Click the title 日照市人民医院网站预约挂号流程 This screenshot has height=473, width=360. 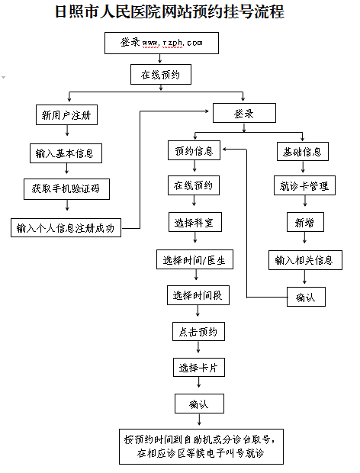click(x=169, y=12)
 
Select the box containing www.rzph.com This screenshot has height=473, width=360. click(x=162, y=43)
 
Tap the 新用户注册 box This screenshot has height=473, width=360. click(x=66, y=115)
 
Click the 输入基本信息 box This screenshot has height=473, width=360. click(x=66, y=153)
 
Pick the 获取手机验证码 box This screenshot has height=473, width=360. click(x=66, y=189)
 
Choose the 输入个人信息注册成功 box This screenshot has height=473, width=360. click(x=66, y=228)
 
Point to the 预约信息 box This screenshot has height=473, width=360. click(x=194, y=150)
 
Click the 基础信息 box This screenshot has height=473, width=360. click(x=303, y=151)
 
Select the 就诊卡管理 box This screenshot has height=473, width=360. click(x=304, y=185)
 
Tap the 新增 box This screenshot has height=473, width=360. click(x=305, y=222)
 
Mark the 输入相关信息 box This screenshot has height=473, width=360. click(x=305, y=260)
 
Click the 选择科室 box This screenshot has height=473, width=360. click(x=195, y=222)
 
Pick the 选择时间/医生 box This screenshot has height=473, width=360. click(x=194, y=259)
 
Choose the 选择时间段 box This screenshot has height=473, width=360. click(x=198, y=295)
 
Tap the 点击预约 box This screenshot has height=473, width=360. click(x=199, y=332)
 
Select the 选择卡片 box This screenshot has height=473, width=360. click(x=199, y=368)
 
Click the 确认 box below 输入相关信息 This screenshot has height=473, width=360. click(x=307, y=297)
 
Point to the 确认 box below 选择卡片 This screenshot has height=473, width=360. click(x=200, y=404)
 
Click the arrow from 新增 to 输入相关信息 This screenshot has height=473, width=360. click(x=304, y=237)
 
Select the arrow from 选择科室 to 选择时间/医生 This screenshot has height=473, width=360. click(x=195, y=237)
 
